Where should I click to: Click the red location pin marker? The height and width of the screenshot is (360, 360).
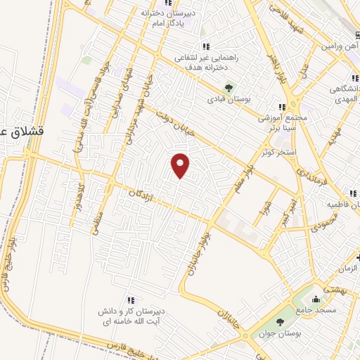coord(181,164)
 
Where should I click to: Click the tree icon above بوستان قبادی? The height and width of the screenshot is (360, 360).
coord(229,87)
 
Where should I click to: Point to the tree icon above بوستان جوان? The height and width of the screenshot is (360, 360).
coord(280,322)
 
